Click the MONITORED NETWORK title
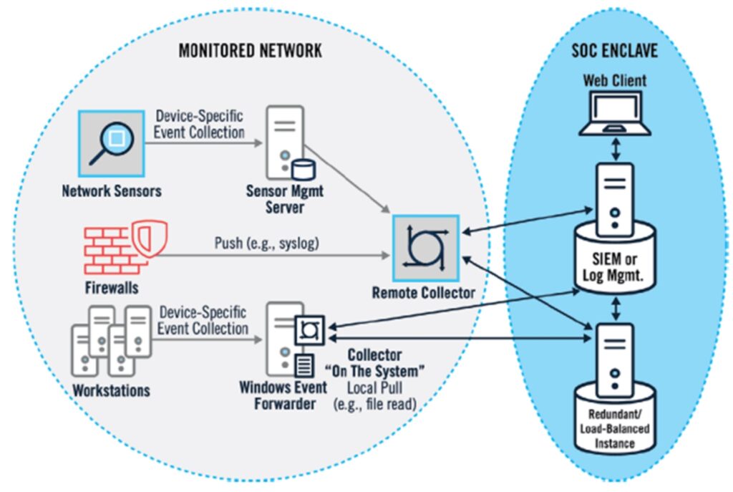(x=250, y=51)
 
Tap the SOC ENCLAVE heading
(x=614, y=51)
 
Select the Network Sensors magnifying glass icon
(x=111, y=143)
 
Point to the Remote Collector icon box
(x=426, y=248)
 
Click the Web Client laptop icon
(x=615, y=114)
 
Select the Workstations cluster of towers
(x=111, y=341)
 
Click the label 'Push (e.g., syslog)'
(x=266, y=243)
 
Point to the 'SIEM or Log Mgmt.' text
(x=613, y=267)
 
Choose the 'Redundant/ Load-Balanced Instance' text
(x=614, y=429)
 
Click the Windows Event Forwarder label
(x=283, y=395)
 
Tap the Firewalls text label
(x=112, y=288)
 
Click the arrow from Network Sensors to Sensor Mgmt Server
(x=204, y=143)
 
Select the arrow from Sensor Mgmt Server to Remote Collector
(x=347, y=179)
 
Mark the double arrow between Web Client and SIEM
(x=616, y=149)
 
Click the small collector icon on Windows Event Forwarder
(x=309, y=330)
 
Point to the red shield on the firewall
(x=149, y=238)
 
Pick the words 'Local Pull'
(x=374, y=387)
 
